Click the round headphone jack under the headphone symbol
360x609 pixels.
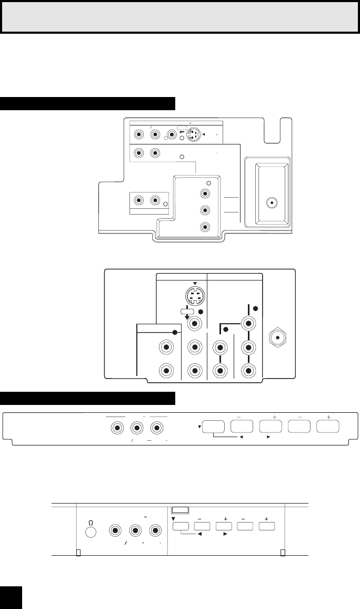[x=91, y=530]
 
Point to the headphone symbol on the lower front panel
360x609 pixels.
[x=90, y=517]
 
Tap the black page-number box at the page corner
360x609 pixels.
[x=11, y=596]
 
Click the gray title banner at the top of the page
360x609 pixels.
[x=180, y=17]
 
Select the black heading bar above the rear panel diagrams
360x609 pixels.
[x=87, y=104]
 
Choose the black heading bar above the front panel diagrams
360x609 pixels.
[x=87, y=399]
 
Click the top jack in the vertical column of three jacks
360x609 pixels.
[x=205, y=193]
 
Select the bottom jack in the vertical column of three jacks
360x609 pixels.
[x=205, y=228]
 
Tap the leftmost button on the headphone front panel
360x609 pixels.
[x=181, y=526]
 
